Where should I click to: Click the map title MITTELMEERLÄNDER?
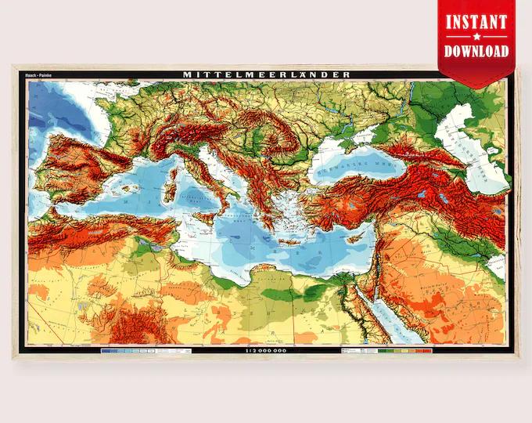[x=267, y=75]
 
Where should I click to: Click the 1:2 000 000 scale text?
[x=267, y=351]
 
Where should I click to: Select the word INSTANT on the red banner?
[x=477, y=21]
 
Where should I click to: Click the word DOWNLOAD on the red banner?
[x=477, y=51]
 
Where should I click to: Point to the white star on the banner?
[x=477, y=36]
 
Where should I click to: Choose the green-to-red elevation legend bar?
[x=403, y=351]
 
